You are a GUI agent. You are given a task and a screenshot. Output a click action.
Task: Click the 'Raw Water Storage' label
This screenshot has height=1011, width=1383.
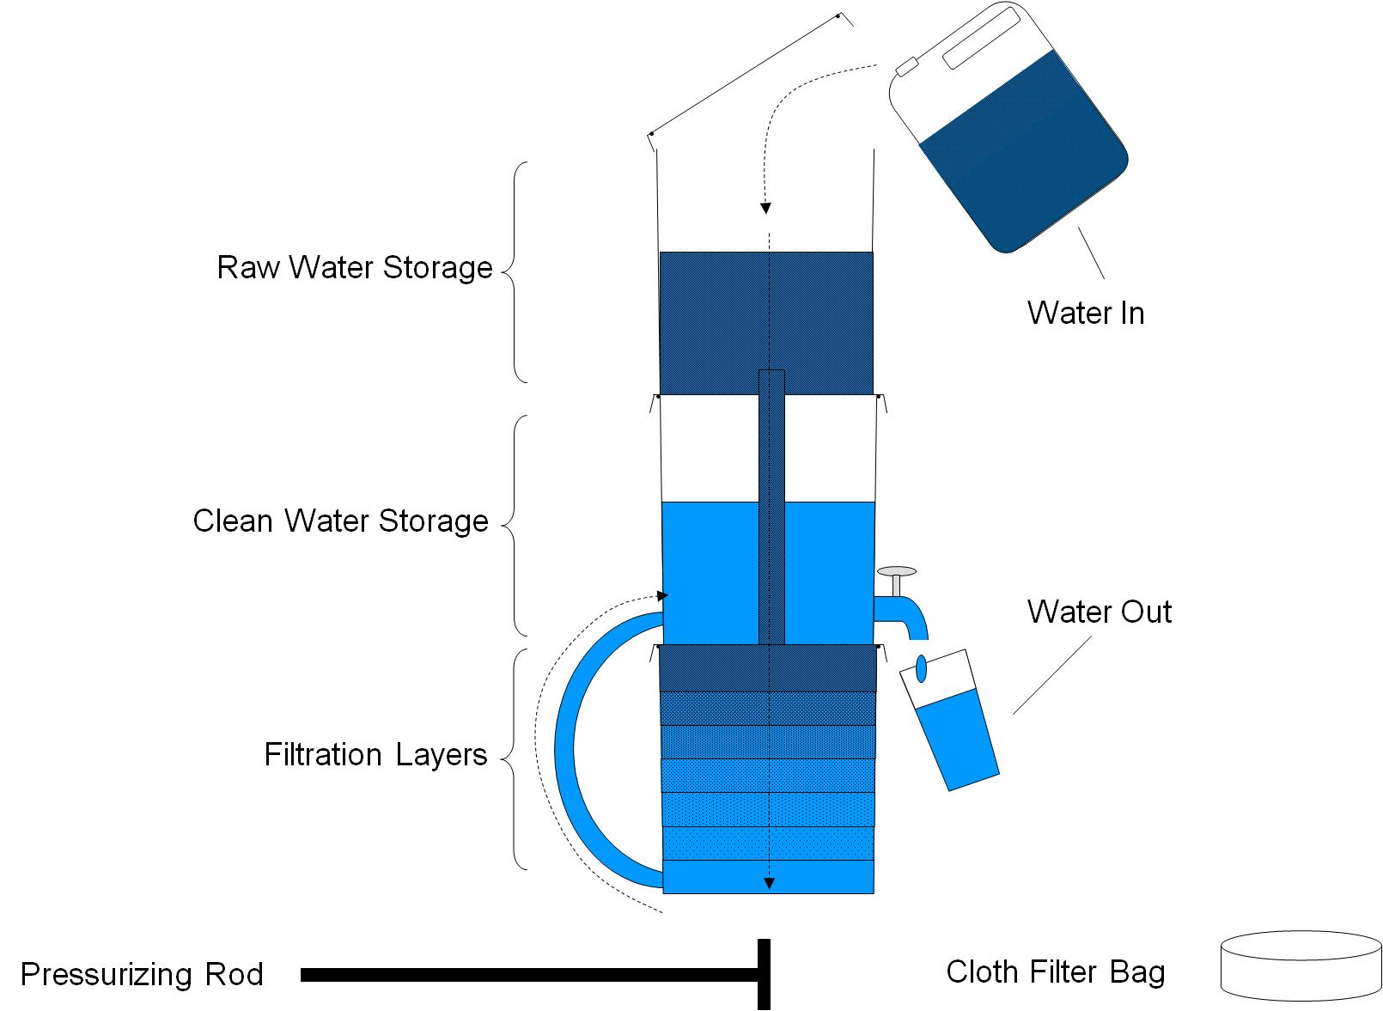354,267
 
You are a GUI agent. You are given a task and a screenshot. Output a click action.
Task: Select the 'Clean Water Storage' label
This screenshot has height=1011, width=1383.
340,521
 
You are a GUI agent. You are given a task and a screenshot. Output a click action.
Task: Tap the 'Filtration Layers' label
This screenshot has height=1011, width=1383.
375,754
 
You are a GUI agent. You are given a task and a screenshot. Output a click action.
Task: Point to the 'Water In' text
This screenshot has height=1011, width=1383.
1086,313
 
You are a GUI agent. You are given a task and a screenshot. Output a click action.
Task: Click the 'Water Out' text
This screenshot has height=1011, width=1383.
1099,612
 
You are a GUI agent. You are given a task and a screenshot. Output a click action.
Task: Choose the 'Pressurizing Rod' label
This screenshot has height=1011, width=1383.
142,974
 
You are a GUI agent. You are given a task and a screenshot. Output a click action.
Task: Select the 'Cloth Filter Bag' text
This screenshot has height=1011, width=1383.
1055,971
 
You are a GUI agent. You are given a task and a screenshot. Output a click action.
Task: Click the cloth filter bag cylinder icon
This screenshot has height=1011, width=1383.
1301,966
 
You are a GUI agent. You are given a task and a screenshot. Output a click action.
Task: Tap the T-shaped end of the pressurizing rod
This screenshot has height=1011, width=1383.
763,974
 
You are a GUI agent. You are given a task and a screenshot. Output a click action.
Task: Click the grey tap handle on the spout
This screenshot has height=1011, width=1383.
896,572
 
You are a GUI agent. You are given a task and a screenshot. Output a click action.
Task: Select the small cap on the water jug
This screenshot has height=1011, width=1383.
906,66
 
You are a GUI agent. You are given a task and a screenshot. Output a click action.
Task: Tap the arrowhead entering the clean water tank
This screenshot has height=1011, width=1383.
661,595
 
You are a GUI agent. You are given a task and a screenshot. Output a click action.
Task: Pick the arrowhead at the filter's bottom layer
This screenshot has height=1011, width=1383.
770,882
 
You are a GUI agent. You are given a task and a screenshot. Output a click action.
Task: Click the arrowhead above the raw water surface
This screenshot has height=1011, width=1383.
765,208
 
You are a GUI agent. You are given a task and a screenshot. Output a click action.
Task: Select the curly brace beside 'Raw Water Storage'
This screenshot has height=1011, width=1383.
515,271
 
